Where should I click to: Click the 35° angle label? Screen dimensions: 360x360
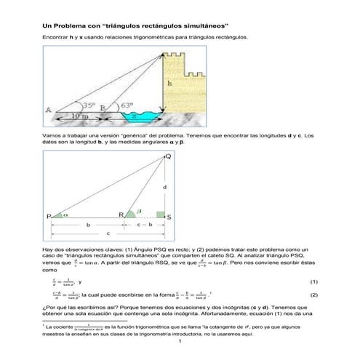click(x=89, y=105)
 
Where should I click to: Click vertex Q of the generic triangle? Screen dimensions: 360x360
click(x=169, y=156)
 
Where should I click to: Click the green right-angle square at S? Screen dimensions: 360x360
click(x=159, y=214)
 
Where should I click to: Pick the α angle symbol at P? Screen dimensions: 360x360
click(x=64, y=215)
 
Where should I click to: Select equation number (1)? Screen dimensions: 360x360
click(x=313, y=281)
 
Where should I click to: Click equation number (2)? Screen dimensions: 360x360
click(x=313, y=295)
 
